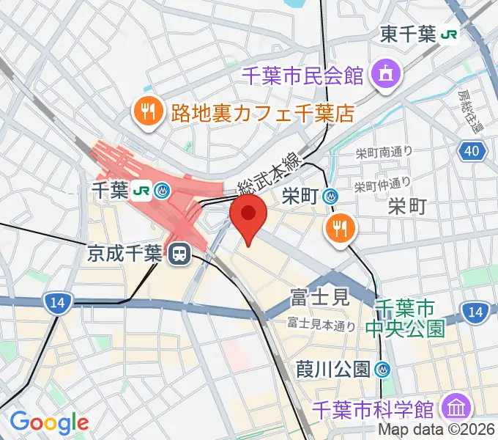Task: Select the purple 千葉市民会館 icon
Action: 384,73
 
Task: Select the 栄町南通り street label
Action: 384,152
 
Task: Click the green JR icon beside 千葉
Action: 141,192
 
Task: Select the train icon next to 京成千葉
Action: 179,255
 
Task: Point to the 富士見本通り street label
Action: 321,323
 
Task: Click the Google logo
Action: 49,422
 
